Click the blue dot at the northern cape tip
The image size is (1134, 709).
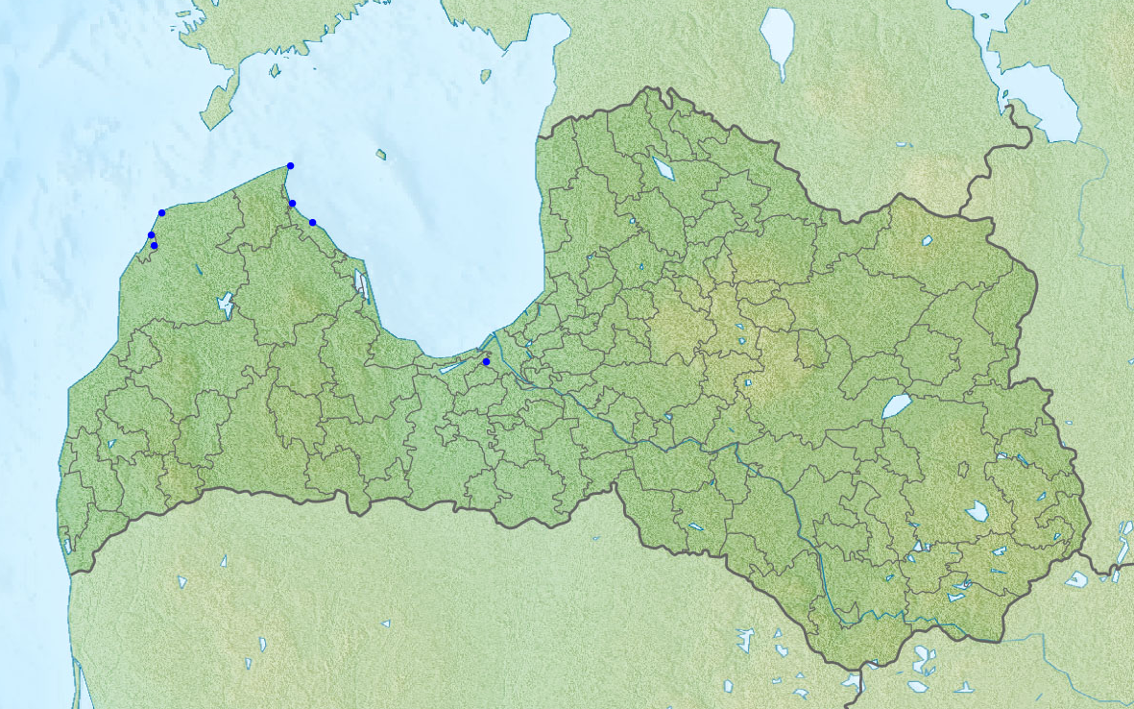coord(290,166)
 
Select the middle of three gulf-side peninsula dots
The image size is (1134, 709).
coord(292,204)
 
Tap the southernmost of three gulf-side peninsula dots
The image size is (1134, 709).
coord(312,223)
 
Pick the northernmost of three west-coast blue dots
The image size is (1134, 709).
coord(161,212)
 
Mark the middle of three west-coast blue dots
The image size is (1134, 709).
coord(151,235)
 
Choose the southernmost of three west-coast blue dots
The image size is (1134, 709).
coord(154,246)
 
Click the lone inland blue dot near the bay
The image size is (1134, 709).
coord(486,362)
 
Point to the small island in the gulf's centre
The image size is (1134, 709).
coord(381,154)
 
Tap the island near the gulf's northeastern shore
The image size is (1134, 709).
coord(486,76)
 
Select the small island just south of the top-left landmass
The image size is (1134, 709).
coord(275,70)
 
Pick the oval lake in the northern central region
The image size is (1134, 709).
coord(663,168)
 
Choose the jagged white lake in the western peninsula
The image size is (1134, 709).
coord(226,306)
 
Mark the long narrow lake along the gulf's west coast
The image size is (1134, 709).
coord(361,282)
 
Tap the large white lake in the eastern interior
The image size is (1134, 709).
coord(896,406)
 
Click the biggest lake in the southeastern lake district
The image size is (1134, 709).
coord(977,511)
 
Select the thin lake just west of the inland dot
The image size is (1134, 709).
coord(452,367)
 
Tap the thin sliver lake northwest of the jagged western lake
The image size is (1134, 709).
coord(196,272)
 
